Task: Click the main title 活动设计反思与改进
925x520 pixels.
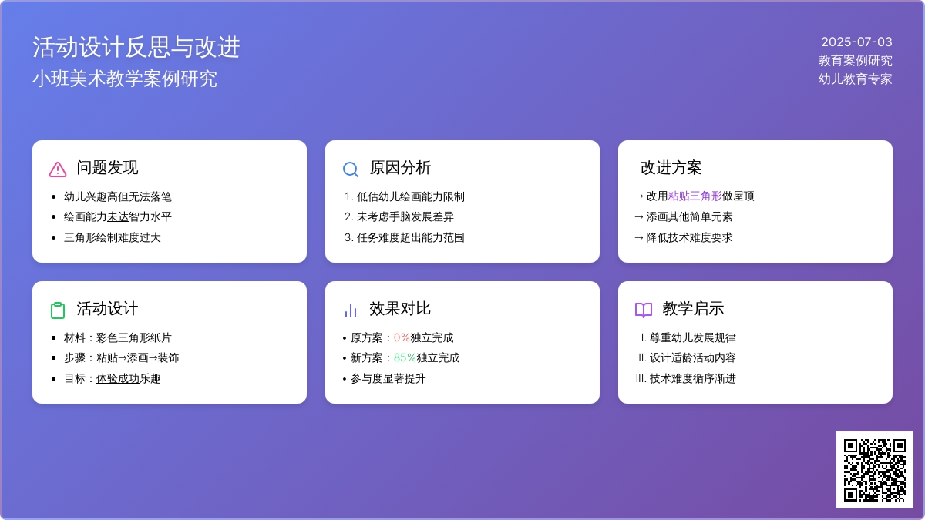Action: click(x=136, y=47)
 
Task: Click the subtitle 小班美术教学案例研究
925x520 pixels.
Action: click(x=125, y=79)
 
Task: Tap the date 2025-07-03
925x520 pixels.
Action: click(x=856, y=42)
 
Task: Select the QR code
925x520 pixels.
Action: click(x=875, y=470)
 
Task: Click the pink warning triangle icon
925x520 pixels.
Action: click(x=58, y=169)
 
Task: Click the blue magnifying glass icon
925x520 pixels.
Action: click(x=351, y=169)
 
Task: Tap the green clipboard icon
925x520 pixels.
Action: click(x=58, y=310)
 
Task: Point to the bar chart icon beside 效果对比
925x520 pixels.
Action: click(x=351, y=310)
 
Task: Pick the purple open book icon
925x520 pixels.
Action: click(x=644, y=310)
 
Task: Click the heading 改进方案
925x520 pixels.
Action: click(x=671, y=168)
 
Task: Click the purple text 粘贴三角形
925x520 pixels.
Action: click(x=695, y=196)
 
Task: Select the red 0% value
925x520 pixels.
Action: click(x=402, y=337)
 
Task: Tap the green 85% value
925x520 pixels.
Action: click(x=405, y=357)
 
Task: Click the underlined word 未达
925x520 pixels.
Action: click(x=118, y=216)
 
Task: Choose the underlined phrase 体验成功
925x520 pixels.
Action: click(x=118, y=378)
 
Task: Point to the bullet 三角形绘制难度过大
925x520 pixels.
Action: click(x=112, y=237)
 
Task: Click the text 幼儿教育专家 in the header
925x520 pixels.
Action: click(x=855, y=79)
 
